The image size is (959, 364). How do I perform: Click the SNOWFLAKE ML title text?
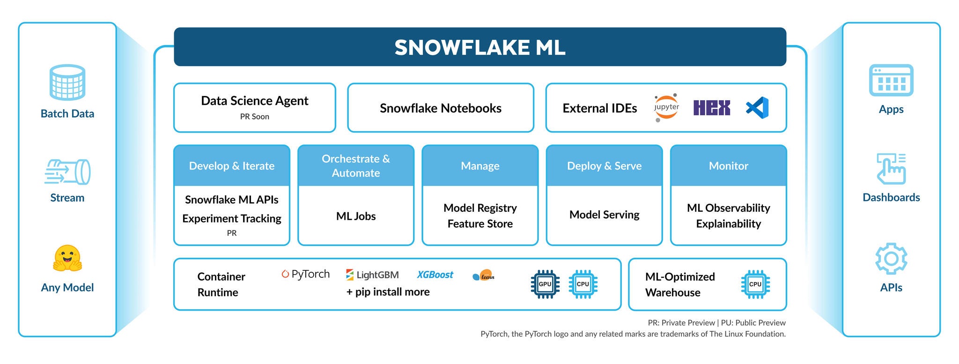click(479, 47)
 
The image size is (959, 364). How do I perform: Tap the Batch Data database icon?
click(67, 82)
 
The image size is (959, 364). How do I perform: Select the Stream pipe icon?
click(67, 171)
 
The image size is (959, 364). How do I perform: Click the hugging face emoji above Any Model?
click(67, 259)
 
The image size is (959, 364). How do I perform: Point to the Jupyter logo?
click(666, 108)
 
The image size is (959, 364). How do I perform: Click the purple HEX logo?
click(711, 108)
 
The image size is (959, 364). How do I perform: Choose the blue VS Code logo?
click(757, 108)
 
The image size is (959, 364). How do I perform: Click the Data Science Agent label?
click(254, 101)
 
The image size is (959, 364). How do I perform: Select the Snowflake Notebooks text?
click(440, 108)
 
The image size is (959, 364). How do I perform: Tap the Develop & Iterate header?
click(231, 166)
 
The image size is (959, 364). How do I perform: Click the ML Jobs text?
click(355, 216)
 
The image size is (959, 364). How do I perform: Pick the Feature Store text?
click(479, 224)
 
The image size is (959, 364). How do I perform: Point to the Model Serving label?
click(604, 215)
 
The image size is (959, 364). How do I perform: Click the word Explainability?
click(728, 224)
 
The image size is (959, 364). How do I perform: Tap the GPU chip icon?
click(545, 284)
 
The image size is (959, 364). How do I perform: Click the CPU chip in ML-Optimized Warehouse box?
click(755, 284)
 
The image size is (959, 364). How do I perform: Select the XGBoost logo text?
click(435, 275)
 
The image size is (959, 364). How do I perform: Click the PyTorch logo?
click(305, 274)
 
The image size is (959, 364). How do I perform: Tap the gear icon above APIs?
click(891, 259)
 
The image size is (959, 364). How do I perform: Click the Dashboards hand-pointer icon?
click(891, 169)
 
